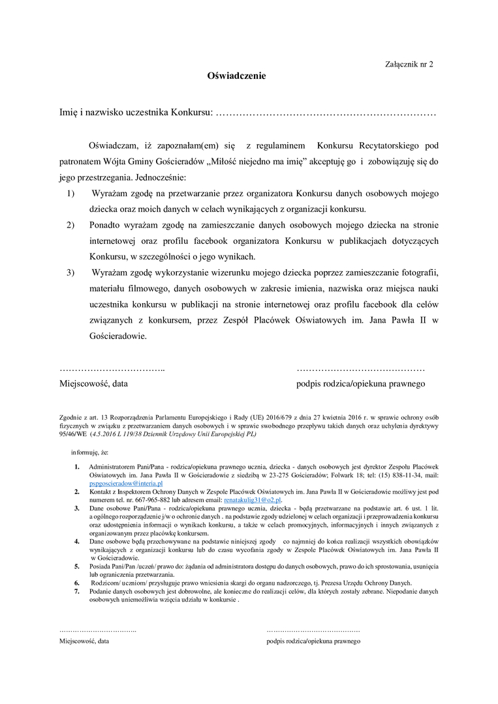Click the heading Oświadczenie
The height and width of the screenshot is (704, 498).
click(x=236, y=76)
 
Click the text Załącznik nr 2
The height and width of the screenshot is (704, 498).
click(x=409, y=65)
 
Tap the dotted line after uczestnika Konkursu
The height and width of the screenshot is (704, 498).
click(x=325, y=113)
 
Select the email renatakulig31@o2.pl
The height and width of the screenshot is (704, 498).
click(x=252, y=500)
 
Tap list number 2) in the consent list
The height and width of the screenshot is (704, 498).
click(x=70, y=225)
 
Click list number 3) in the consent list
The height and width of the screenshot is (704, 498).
click(x=70, y=272)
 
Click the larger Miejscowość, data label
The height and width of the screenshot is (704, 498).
click(x=94, y=383)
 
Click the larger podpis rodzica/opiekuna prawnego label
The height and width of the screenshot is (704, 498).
click(x=360, y=383)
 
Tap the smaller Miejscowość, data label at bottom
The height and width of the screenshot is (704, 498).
click(x=84, y=641)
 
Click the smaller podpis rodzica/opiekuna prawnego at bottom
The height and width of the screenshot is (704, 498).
click(x=313, y=641)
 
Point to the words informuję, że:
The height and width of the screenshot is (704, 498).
click(x=90, y=452)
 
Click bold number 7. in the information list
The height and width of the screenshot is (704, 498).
click(x=76, y=591)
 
